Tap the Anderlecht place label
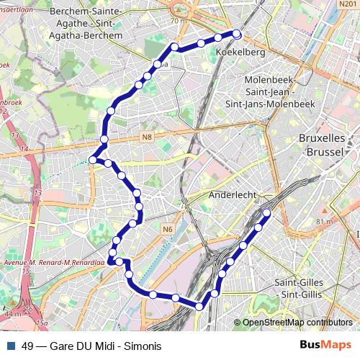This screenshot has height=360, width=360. tap(233, 194)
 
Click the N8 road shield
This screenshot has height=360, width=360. tap(147, 137)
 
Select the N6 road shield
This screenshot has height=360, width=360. tap(168, 229)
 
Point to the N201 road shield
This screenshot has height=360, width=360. tap(347, 5)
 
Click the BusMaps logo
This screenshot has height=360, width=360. tap(325, 346)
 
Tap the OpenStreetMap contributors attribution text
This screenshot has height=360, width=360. tap(297, 323)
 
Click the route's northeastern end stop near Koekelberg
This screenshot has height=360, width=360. tap(236, 33)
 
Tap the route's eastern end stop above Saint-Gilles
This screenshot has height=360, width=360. tap(267, 212)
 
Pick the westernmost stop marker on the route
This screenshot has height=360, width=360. tap(92, 160)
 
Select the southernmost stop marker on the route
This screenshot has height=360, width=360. tap(199, 307)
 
